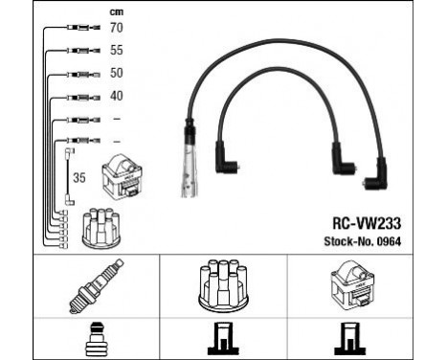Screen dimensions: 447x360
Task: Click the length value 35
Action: (78, 176)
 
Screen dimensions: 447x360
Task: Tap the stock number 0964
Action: (388, 240)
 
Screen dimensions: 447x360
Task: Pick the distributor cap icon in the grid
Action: (222, 285)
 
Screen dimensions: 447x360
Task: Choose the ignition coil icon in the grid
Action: (354, 285)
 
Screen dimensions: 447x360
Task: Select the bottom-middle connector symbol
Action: (222, 338)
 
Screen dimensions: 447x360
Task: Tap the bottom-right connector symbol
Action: (354, 338)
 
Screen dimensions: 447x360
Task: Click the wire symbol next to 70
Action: (78, 30)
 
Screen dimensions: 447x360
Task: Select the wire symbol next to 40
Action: (78, 97)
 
